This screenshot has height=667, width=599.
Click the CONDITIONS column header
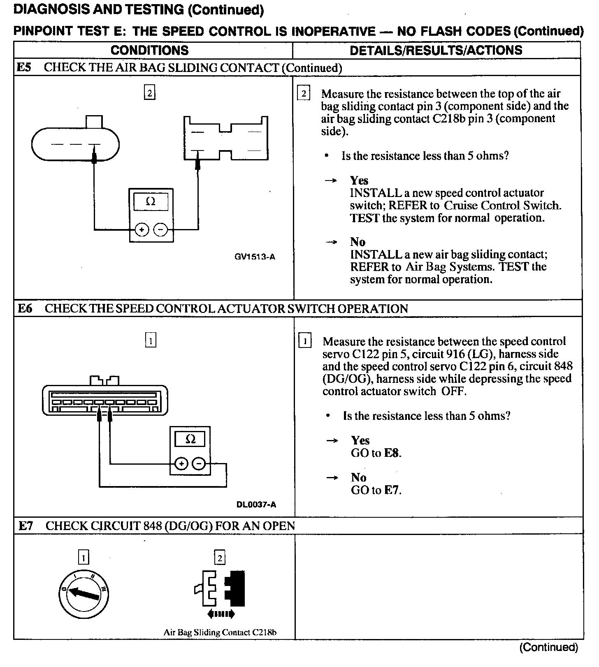tap(149, 50)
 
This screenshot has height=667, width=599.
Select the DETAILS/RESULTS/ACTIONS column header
tap(436, 50)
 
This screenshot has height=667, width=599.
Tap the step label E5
tap(24, 67)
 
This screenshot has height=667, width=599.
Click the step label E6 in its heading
tap(25, 308)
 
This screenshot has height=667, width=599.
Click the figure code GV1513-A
tap(255, 257)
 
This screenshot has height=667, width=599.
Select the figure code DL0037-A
tap(256, 504)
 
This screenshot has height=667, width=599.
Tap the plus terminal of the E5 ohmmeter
tap(142, 230)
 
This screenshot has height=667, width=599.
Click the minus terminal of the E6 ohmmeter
tap(199, 464)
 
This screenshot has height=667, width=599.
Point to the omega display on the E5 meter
tap(151, 201)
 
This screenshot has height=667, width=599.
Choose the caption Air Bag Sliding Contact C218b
tap(220, 632)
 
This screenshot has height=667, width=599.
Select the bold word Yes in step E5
tap(359, 181)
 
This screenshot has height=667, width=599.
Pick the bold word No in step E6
tap(358, 477)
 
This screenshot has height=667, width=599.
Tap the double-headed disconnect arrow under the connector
tap(221, 614)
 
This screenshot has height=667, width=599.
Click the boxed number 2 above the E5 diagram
tap(149, 93)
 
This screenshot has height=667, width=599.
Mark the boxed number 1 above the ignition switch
tap(84, 558)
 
